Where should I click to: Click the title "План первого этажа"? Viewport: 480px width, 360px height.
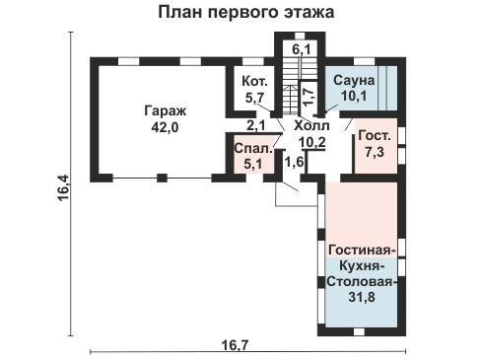pos(246,13)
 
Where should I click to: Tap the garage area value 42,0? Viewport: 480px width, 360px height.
pos(165,127)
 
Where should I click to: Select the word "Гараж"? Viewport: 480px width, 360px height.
pos(165,111)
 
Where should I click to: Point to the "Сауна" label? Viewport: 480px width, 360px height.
pos(354,81)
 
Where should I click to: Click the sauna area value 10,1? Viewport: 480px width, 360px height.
pos(354,97)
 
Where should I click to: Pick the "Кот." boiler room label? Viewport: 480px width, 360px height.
pos(254,81)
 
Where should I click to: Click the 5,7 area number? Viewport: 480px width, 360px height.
pos(255,98)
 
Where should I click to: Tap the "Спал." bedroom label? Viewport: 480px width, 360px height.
pos(253,149)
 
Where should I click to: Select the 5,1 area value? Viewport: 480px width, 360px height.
pos(253,164)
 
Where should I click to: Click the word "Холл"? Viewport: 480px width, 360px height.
pos(311,125)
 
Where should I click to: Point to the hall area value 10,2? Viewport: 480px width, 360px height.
pos(311,142)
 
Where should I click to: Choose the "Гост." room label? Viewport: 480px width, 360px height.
pos(375,136)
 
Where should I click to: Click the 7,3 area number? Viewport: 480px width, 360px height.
pos(375,152)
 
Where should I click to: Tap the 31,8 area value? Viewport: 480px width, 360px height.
pos(362,297)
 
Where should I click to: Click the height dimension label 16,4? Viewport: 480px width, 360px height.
pos(63,188)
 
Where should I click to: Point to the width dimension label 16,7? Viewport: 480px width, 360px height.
pos(235,345)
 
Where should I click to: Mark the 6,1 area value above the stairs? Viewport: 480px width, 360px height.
pos(302,50)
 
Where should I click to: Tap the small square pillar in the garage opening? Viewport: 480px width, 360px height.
pos(162,178)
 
